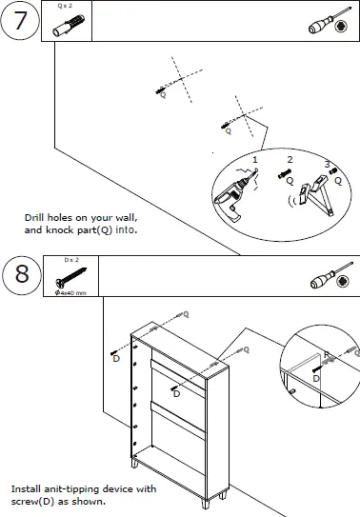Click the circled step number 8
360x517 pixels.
21,276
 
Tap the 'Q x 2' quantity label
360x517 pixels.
66,6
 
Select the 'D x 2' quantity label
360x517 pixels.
71,259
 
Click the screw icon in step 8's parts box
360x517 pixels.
70,278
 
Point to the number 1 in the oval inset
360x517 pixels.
254,159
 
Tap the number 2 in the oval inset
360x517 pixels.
290,158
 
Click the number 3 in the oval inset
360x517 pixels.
327,164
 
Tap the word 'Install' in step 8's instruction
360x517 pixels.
25,489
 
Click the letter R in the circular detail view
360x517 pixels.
326,355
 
